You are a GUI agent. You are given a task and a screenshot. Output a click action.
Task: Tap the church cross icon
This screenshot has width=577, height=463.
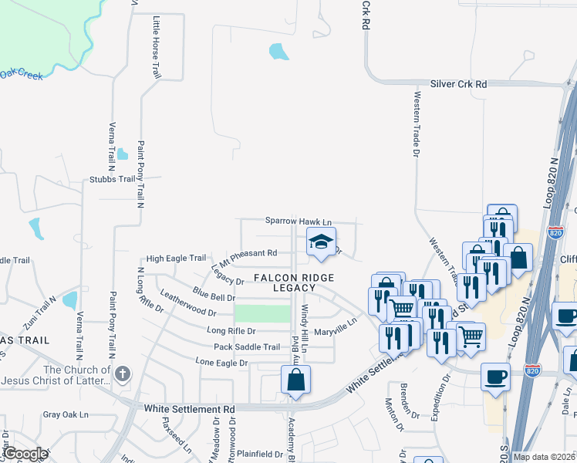click(x=122, y=375)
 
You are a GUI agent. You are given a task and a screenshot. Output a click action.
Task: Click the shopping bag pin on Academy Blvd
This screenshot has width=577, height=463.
click(x=295, y=380)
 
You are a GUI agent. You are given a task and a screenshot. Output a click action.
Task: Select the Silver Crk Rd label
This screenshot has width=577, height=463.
click(x=459, y=83)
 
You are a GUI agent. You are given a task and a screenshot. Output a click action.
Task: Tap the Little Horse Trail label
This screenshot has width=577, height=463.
click(x=157, y=48)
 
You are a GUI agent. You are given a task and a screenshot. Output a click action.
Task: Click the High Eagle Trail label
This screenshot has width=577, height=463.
click(x=176, y=259)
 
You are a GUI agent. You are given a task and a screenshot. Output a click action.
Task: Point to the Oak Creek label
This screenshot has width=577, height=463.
click(x=21, y=74)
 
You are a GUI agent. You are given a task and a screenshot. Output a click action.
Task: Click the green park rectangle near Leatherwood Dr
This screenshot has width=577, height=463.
click(x=262, y=313)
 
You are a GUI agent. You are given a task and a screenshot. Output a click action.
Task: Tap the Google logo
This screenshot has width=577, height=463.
click(x=25, y=454)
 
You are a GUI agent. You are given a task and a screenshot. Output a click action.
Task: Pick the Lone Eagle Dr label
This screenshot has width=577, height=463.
click(x=221, y=362)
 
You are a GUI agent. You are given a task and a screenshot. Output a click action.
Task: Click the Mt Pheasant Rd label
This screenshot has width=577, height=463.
click(x=248, y=253)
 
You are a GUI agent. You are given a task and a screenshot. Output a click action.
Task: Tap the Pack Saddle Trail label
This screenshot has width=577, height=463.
click(x=247, y=346)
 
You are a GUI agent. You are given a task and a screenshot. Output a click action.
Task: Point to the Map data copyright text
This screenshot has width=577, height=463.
click(x=544, y=457)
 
